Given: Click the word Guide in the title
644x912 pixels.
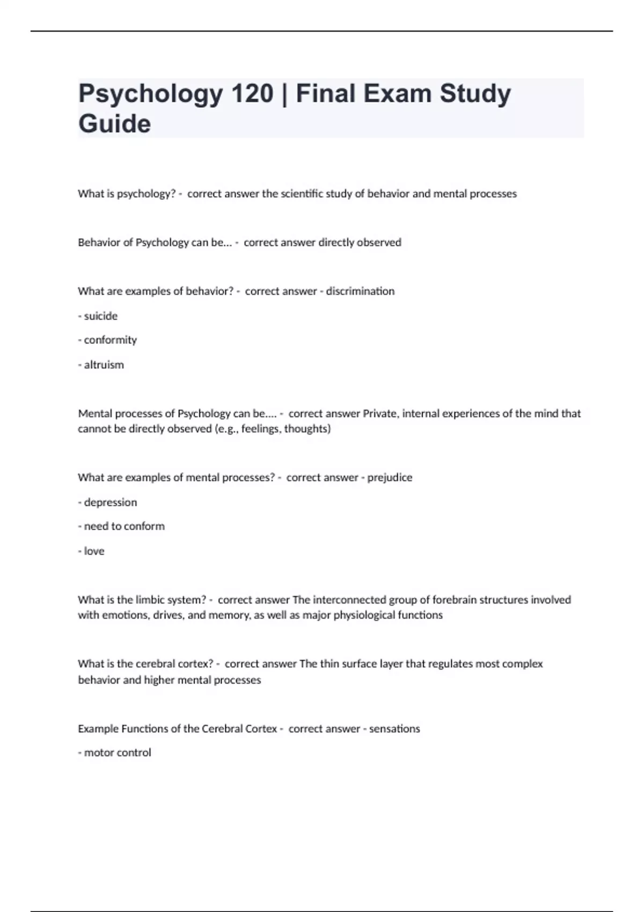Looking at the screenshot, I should pyautogui.click(x=115, y=124).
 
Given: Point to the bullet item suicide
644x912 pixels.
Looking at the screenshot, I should pyautogui.click(x=100, y=316).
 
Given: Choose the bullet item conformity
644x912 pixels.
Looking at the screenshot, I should pyautogui.click(x=110, y=340).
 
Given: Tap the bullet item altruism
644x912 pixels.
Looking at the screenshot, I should pyautogui.click(x=104, y=365).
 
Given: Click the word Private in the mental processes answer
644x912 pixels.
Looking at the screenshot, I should pyautogui.click(x=380, y=414).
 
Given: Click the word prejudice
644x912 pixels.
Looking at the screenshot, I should pyautogui.click(x=390, y=477).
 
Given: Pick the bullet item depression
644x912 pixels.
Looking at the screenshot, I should pyautogui.click(x=110, y=503).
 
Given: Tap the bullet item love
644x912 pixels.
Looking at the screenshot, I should pyautogui.click(x=94, y=551).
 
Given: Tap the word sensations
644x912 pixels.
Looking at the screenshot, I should pyautogui.click(x=394, y=729).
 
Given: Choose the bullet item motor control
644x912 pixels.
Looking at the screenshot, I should pyautogui.click(x=118, y=753).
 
